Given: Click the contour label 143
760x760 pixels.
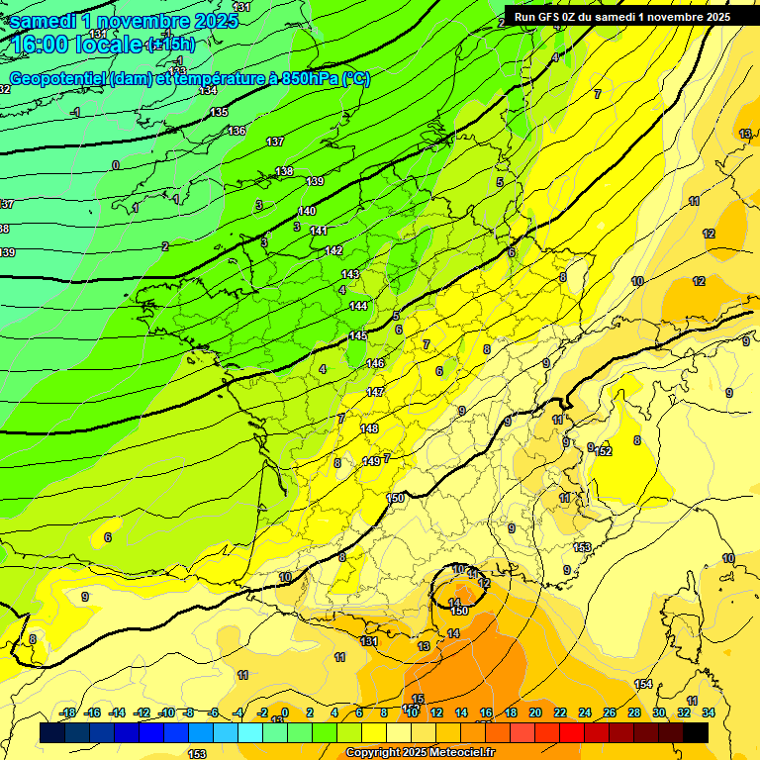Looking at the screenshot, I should [x=350, y=274].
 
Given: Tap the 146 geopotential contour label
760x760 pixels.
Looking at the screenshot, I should [x=375, y=364].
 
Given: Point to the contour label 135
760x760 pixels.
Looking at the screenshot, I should [x=219, y=112].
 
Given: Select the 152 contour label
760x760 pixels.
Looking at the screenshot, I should [x=604, y=451].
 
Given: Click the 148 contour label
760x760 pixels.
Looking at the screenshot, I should [x=369, y=428].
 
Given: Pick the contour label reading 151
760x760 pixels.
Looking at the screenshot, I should [x=369, y=641].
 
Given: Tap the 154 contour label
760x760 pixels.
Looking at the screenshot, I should [x=643, y=685].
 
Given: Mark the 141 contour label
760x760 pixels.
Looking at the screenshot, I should [x=319, y=231].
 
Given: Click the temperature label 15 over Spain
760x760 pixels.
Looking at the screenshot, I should [x=418, y=699].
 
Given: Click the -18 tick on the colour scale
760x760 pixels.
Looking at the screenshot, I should [x=68, y=712].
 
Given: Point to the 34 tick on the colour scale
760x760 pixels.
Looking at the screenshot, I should [x=709, y=712].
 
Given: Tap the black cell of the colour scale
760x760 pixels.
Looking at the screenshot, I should [x=696, y=732].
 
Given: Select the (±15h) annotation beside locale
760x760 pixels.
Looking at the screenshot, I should [x=170, y=45].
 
